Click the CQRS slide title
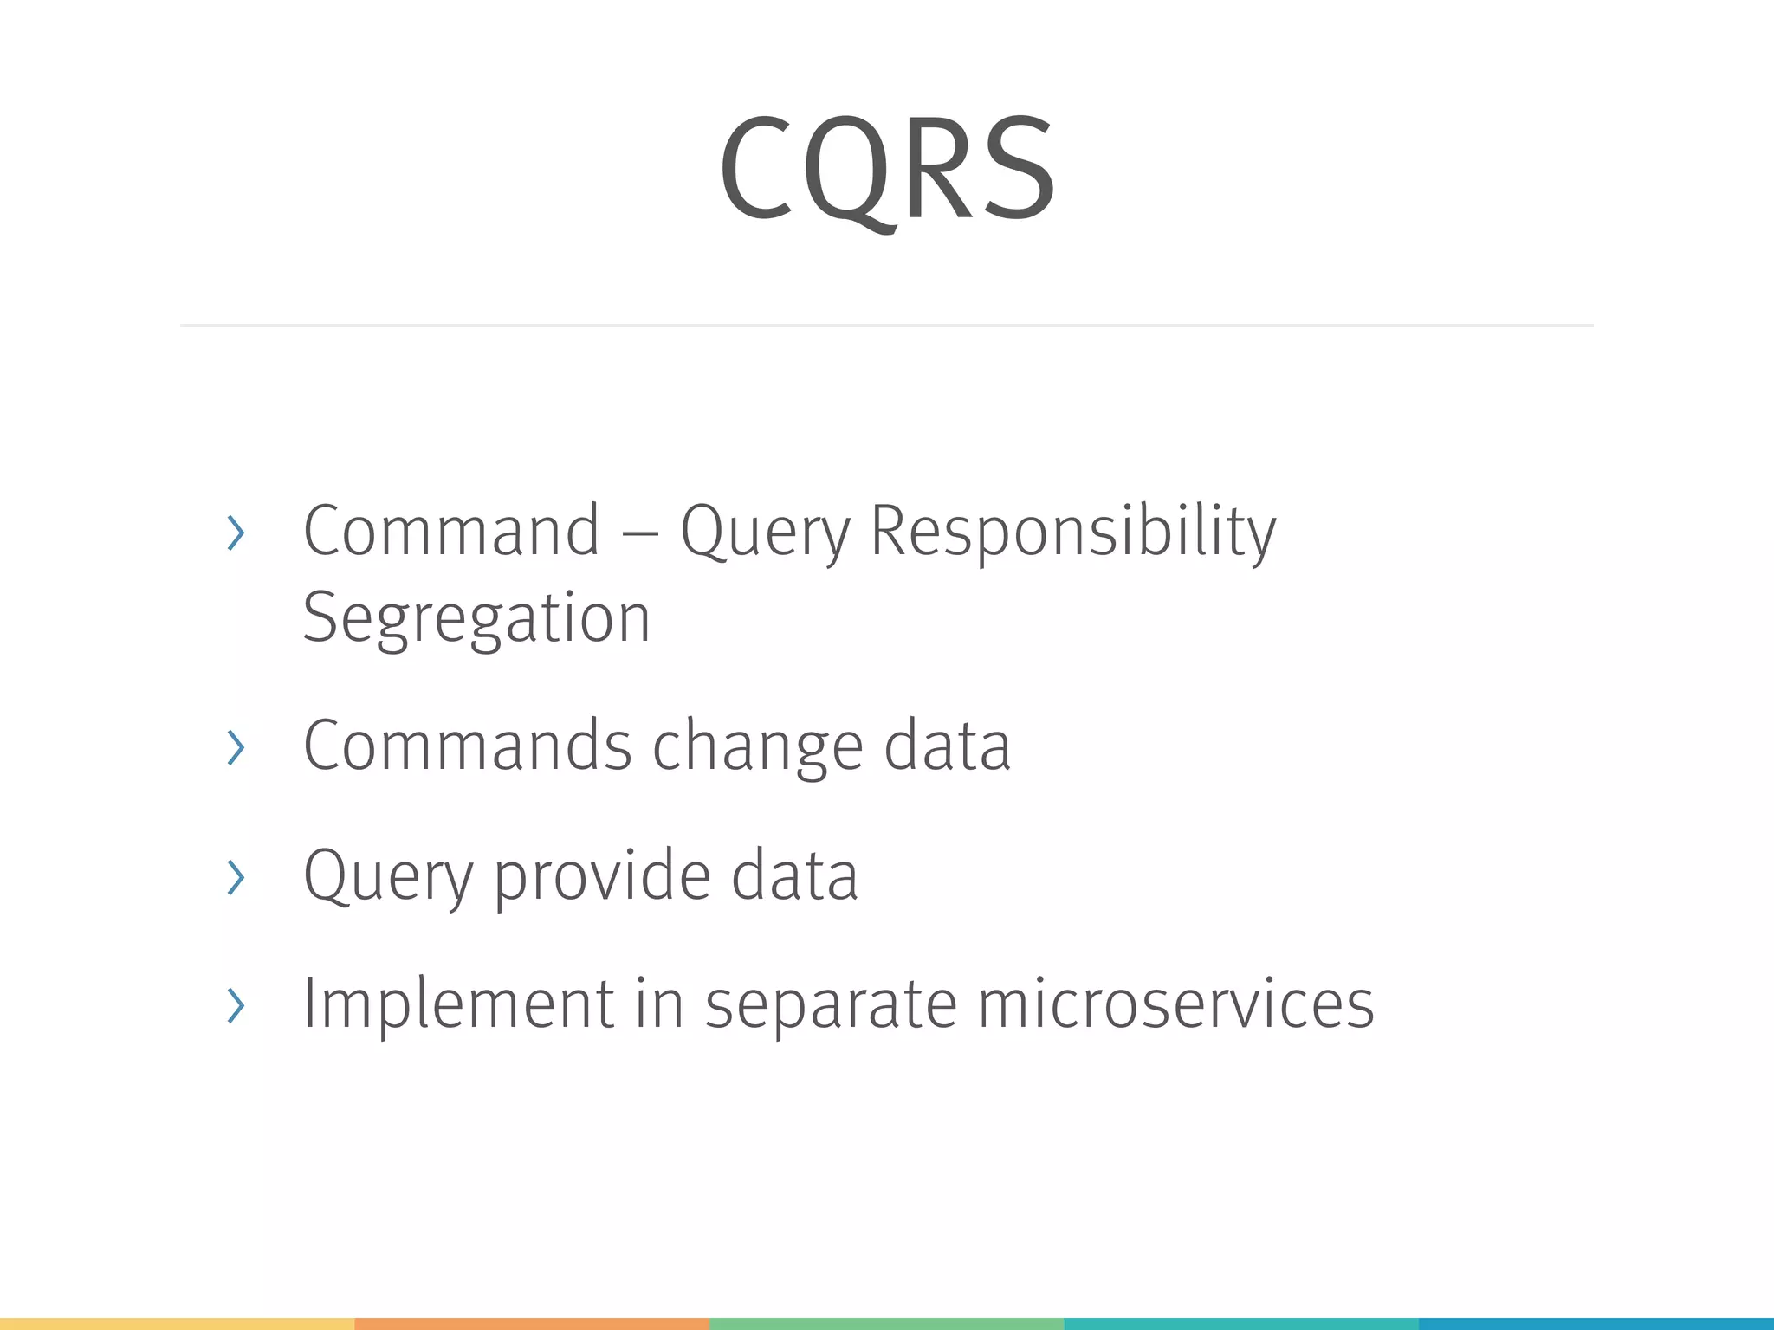[887, 169]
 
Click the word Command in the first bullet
[451, 530]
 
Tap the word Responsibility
[1072, 532]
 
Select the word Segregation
[476, 618]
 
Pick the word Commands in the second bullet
[468, 746]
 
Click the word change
[758, 747]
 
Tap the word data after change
[947, 746]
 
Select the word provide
[602, 875]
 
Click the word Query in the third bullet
[388, 875]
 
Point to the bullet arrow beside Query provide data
[236, 877]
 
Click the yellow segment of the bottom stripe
[177, 1324]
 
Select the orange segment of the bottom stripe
[532, 1324]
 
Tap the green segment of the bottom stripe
[886, 1324]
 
